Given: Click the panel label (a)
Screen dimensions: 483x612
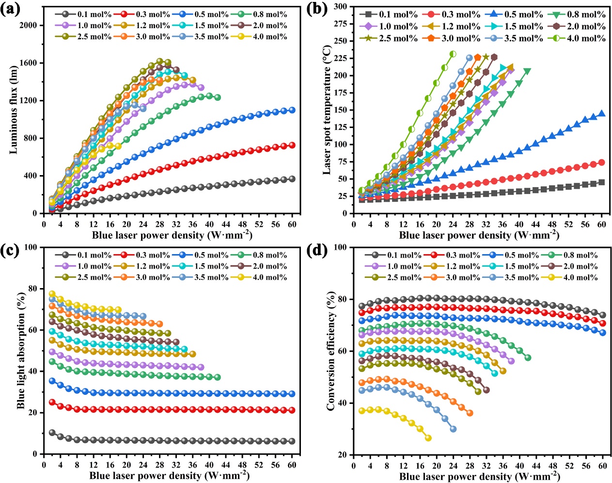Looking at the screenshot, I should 11,9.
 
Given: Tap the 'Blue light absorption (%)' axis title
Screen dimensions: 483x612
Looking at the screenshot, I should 21,350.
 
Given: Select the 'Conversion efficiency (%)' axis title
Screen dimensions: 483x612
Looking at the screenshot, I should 330,351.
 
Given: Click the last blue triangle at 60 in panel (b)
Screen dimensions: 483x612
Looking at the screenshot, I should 602,113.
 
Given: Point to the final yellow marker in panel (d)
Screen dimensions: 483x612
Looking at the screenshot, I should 428,438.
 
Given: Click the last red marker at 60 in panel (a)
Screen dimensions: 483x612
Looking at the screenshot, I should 292,145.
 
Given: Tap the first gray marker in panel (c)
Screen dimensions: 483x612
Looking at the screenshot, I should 52,433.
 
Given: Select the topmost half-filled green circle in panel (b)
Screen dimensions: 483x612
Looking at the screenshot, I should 453,54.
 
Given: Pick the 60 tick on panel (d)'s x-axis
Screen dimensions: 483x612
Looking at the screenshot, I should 602,465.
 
